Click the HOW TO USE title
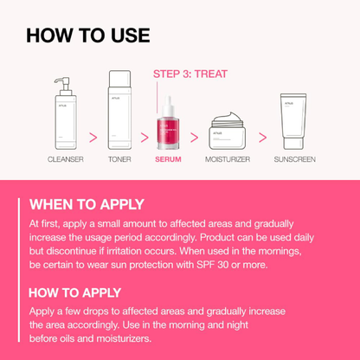tap(87, 35)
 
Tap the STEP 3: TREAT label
tap(190, 74)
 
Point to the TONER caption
tap(119, 160)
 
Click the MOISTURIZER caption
tap(229, 160)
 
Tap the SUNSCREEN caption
tap(294, 160)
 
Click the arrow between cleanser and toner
tap(92, 137)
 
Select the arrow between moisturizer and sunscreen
tap(262, 137)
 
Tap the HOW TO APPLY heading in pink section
tap(75, 292)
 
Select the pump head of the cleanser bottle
tap(60, 82)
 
